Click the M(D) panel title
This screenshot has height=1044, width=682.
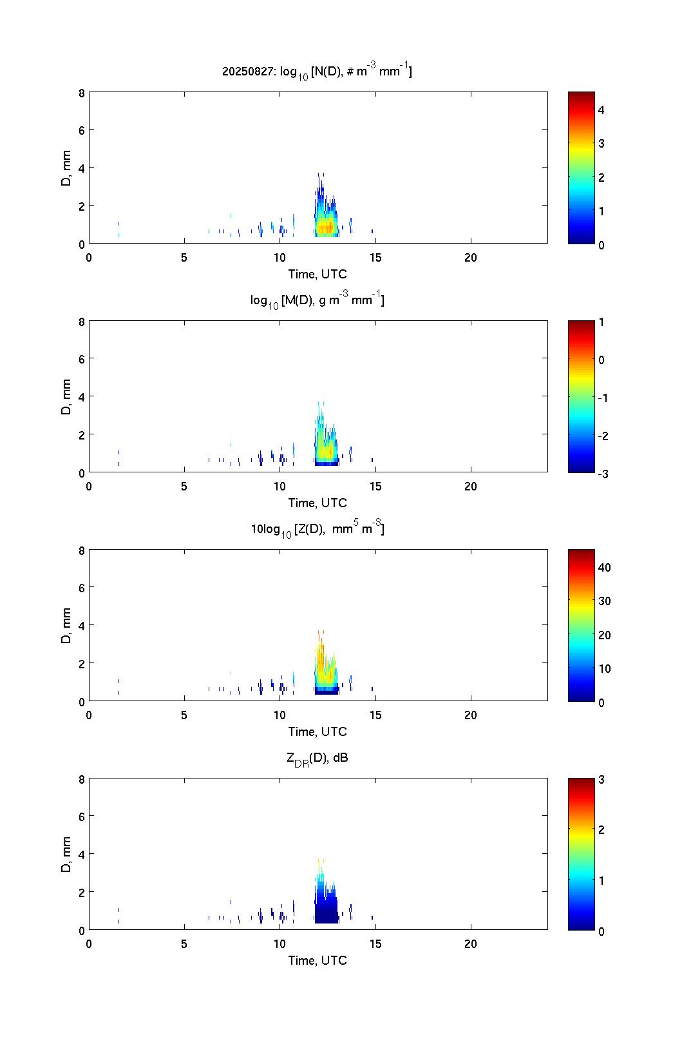[317, 300]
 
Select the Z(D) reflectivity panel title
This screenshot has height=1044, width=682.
[317, 529]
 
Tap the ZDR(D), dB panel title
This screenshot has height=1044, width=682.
[317, 758]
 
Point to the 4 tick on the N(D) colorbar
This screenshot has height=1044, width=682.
[601, 110]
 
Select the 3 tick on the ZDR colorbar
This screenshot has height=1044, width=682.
[601, 779]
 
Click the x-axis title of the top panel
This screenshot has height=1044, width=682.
[317, 274]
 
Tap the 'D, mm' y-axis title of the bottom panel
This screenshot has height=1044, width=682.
[66, 855]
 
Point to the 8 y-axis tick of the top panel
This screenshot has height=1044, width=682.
[81, 92]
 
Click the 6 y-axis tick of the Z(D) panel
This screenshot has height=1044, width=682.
[81, 587]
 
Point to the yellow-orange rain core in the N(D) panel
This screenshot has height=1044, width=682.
[327, 227]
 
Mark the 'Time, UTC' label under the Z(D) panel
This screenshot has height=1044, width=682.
[317, 731]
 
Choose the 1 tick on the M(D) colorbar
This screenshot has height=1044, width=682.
[601, 322]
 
